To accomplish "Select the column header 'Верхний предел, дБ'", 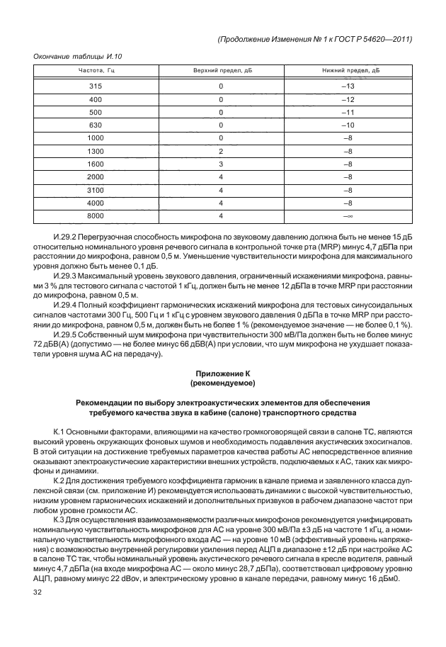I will [x=221, y=71].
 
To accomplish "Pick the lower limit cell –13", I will [x=348, y=86].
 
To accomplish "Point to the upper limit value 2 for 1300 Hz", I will [x=221, y=151].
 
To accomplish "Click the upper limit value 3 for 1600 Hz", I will [x=221, y=164].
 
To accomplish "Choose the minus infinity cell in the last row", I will [x=348, y=215].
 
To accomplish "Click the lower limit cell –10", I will [x=348, y=125].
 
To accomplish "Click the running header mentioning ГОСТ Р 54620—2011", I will [x=314, y=40].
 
